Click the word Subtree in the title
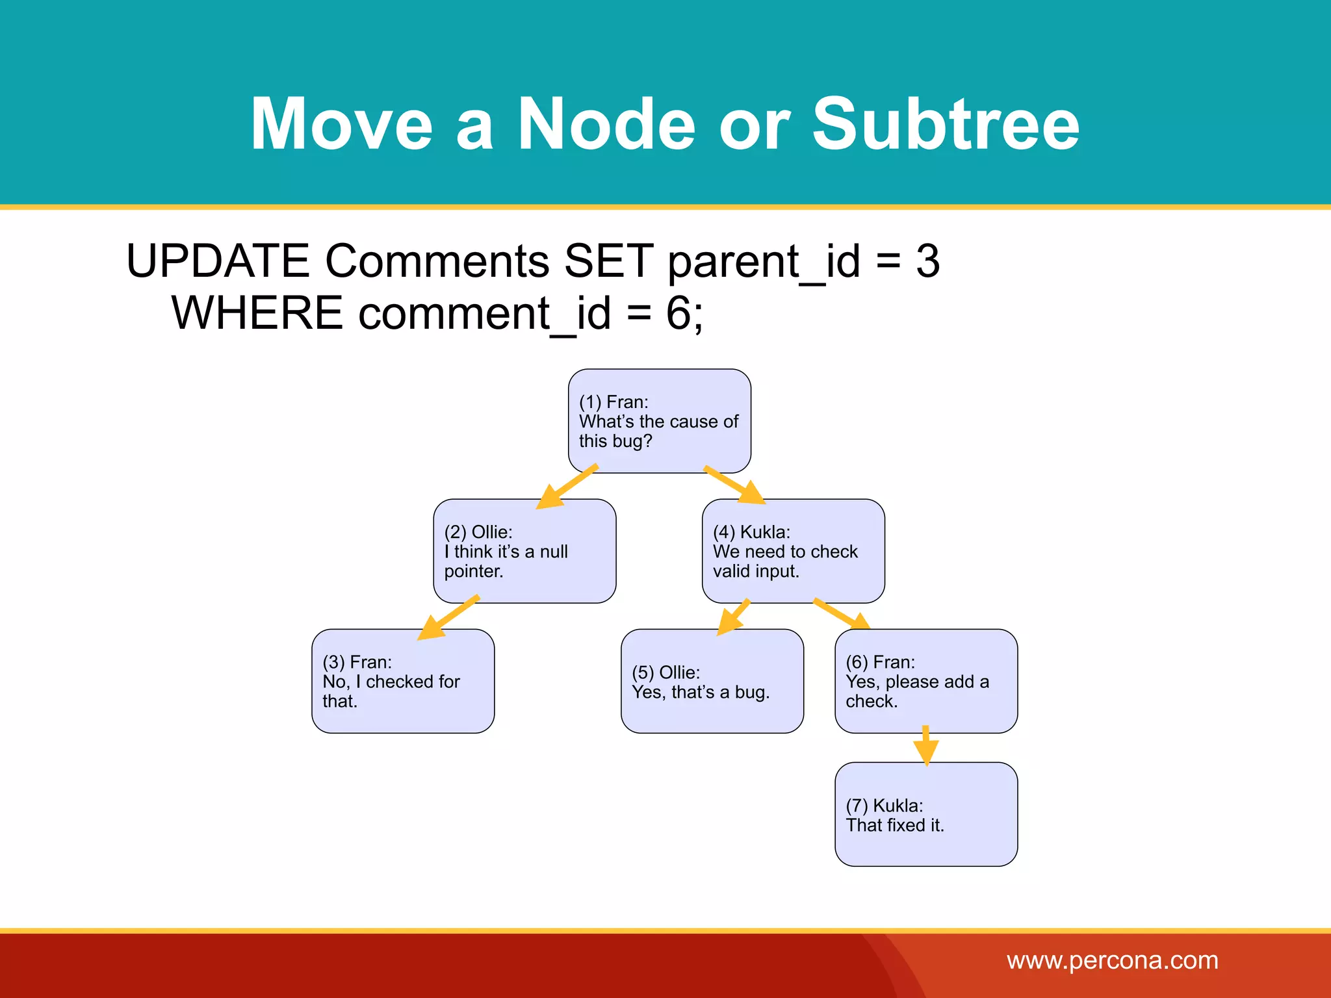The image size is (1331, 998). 945,123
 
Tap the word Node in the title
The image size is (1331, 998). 606,123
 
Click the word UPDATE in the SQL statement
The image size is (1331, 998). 218,261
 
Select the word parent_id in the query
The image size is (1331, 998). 764,261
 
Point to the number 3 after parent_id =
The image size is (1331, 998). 927,261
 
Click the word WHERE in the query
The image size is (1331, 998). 257,313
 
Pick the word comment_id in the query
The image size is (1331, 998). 484,313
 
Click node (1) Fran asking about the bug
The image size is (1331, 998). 659,421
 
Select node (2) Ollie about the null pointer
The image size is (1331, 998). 524,551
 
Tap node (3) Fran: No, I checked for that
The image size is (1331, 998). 403,681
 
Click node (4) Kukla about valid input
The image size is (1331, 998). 793,551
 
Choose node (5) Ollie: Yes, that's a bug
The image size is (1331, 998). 712,681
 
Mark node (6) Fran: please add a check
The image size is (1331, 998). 925,681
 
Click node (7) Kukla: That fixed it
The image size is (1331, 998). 925,814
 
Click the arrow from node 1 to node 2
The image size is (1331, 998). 567,487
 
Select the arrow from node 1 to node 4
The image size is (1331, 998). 734,485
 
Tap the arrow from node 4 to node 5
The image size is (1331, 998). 733,617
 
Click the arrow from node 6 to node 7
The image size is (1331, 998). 925,746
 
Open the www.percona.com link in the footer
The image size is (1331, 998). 1112,960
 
